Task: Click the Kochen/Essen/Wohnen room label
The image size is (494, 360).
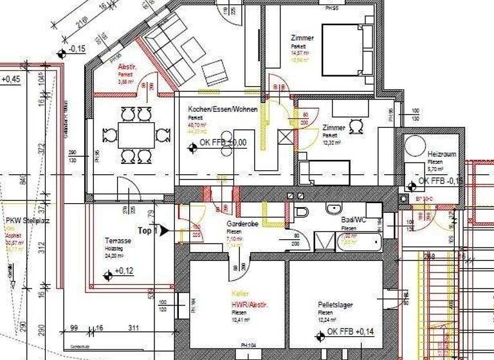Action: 223,109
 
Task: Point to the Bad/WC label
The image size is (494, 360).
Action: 353,220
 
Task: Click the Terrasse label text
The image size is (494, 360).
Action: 118,241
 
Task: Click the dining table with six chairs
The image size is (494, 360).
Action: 136,135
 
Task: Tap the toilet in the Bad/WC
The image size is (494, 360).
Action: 300,212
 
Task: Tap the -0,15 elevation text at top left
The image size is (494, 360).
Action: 78,49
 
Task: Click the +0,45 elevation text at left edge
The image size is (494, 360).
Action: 11,80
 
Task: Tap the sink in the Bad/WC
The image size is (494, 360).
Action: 334,209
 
